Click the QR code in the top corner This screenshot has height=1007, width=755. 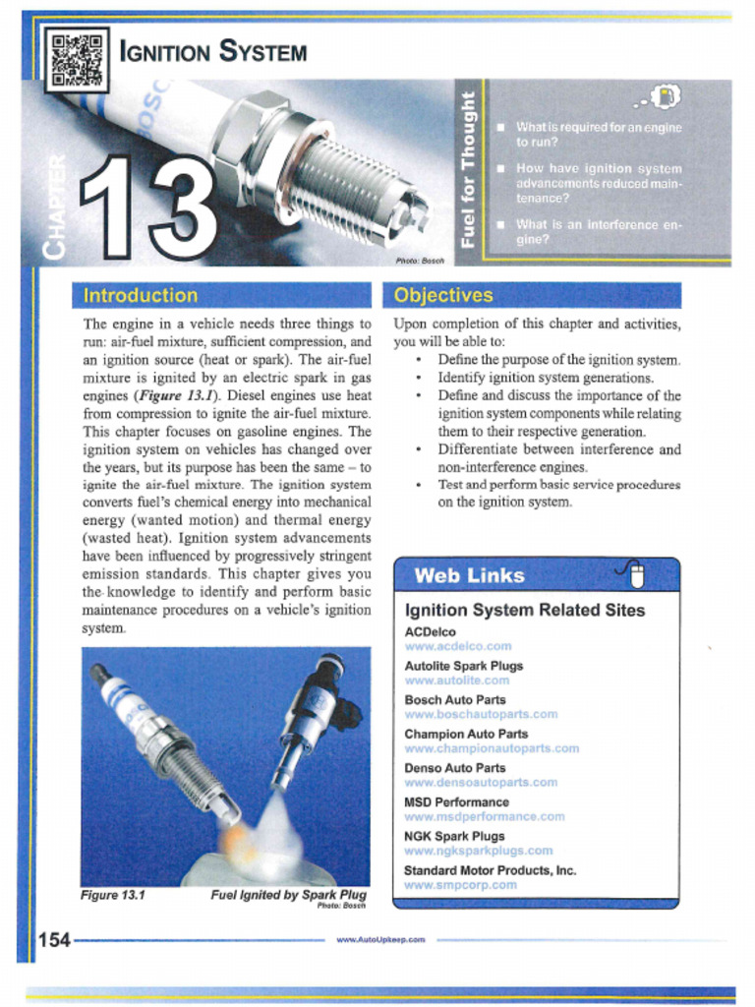click(x=77, y=59)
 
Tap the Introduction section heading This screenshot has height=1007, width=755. click(x=141, y=295)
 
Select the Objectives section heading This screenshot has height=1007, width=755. click(x=443, y=295)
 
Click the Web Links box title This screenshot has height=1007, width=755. click(x=470, y=575)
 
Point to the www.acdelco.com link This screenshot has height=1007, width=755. click(x=458, y=646)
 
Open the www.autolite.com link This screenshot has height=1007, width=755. click(x=457, y=681)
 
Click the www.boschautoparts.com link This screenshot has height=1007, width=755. click(x=481, y=714)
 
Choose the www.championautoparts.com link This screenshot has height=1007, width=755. click(x=492, y=748)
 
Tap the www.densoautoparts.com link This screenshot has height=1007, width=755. click(x=481, y=783)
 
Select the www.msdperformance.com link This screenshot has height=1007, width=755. click(x=485, y=816)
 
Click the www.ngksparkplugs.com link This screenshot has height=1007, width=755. click(x=479, y=851)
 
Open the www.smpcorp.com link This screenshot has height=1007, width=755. click(x=460, y=885)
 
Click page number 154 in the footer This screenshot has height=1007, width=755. click(x=54, y=940)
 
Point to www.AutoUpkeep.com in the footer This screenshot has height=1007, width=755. click(x=380, y=940)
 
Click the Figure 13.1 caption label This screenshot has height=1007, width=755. click(x=113, y=895)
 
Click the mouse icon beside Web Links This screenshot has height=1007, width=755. click(x=634, y=573)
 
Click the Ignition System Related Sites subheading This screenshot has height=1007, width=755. click(x=525, y=611)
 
